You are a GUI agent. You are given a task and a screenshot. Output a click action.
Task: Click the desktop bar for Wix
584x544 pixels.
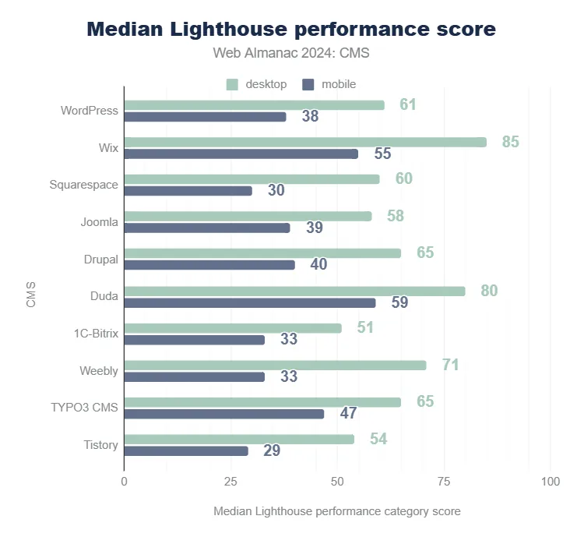pos(305,142)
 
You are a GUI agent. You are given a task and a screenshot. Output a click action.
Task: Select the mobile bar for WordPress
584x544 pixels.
pos(206,117)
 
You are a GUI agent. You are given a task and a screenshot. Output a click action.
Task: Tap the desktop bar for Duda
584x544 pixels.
pos(294,291)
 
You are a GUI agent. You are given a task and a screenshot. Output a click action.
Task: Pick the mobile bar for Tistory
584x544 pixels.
pos(186,450)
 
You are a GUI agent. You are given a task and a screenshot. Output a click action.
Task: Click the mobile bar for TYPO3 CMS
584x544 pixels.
pos(224,414)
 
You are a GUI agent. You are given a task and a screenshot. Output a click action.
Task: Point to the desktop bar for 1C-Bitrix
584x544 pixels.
pos(233,328)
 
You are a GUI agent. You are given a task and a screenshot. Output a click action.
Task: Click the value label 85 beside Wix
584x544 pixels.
pos(510,142)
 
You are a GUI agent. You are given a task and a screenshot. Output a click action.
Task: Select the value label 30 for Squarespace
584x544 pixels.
pos(276,191)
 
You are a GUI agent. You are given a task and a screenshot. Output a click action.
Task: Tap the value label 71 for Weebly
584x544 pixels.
pos(450,364)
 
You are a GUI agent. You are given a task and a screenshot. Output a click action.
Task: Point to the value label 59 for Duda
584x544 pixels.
pos(399,302)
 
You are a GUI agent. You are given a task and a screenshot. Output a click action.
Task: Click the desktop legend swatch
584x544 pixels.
pos(232,84)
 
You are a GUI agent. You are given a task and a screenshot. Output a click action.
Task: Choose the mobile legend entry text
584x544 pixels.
pos(339,84)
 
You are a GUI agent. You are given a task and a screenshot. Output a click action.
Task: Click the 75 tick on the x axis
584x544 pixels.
pos(444,482)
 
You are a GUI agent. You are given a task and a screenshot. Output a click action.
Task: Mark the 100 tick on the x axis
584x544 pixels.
pos(550,482)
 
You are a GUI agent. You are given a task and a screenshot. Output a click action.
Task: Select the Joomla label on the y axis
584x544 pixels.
pos(99,222)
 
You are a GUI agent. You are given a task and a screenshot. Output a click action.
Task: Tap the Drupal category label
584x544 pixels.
pos(101,259)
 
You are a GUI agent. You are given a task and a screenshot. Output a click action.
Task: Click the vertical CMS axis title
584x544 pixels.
pos(31,297)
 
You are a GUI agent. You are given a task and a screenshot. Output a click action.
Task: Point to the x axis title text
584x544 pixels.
pos(336,511)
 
